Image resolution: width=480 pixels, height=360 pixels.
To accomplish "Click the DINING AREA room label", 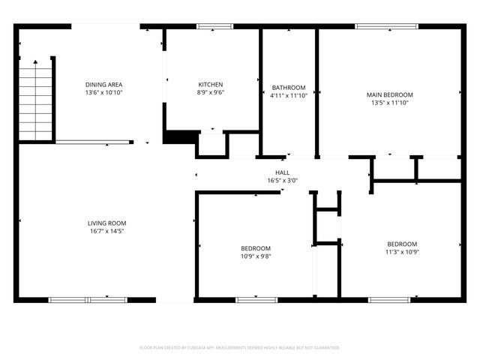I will [x=103, y=85].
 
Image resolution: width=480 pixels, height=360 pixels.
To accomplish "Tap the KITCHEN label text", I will [x=210, y=85].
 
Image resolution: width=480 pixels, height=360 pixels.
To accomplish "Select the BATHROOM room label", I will [x=288, y=88].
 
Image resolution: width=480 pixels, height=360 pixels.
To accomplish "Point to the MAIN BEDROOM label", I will [x=389, y=94].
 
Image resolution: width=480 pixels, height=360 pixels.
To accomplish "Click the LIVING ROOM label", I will [x=106, y=223].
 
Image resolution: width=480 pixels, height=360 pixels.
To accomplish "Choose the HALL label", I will [x=282, y=172].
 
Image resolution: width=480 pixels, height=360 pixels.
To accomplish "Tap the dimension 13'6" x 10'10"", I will [x=103, y=93].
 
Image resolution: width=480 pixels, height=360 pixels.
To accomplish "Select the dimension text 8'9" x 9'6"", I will [x=210, y=93].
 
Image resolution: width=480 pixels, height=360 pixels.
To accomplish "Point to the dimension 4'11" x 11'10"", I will [x=288, y=95].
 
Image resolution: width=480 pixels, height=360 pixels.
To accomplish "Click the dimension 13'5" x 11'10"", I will [x=389, y=103].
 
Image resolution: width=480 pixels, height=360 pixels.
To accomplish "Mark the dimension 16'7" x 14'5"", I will [x=106, y=231].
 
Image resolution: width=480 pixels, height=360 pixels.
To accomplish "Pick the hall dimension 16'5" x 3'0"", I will [x=282, y=180].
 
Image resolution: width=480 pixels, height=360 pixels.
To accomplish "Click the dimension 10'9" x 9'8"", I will [x=256, y=256].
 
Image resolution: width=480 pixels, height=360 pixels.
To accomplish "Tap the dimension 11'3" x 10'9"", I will [x=402, y=252].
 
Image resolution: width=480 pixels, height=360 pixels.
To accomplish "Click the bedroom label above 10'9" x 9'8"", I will [x=256, y=248].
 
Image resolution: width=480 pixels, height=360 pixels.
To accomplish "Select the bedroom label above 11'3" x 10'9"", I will [x=402, y=244].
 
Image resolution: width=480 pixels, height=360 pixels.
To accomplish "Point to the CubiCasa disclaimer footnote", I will [x=240, y=347].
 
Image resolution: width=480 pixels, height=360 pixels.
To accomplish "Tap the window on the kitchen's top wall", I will [x=214, y=26].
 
